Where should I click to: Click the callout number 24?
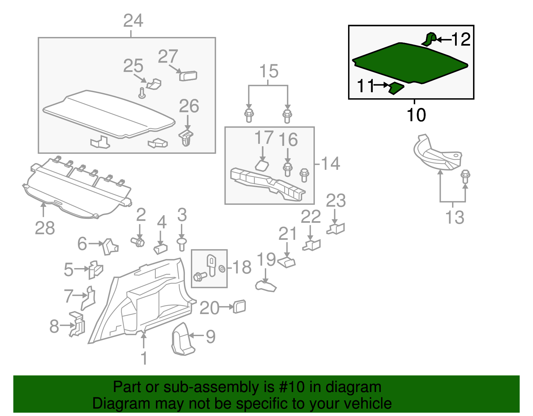tap(133, 21)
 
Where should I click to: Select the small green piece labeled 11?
tap(396, 88)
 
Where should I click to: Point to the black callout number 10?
tap(416, 115)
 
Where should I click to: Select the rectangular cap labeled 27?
tap(188, 76)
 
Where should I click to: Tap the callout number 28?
tap(45, 228)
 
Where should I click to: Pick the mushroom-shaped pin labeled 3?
tap(182, 244)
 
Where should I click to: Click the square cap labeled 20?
tap(240, 306)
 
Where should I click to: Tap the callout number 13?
tap(454, 217)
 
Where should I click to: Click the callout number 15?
tap(269, 71)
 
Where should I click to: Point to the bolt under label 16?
tap(287, 169)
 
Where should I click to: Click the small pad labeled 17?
tap(262, 166)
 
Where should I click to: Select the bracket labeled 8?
tap(77, 324)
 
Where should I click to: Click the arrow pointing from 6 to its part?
tap(96, 244)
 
